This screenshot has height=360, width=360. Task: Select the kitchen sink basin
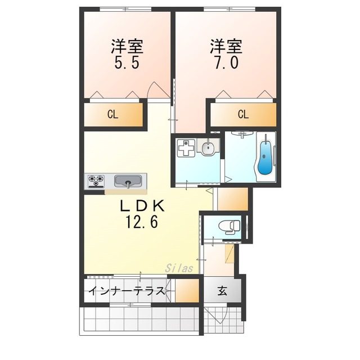128,181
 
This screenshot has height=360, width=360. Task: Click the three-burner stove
96,181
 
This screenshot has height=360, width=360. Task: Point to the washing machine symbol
186,148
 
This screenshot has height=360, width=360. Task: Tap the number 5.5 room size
127,62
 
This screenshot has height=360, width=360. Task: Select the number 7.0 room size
226,62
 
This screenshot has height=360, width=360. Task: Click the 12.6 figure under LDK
141,222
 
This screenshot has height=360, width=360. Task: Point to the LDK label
142,206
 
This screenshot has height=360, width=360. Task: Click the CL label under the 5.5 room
112,114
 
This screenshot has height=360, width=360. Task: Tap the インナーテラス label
127,291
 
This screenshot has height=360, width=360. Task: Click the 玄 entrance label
222,291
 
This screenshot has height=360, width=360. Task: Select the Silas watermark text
179,268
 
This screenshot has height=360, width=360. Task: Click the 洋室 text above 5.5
127,46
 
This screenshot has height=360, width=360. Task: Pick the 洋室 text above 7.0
226,46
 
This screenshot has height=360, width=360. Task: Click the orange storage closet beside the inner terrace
187,290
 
